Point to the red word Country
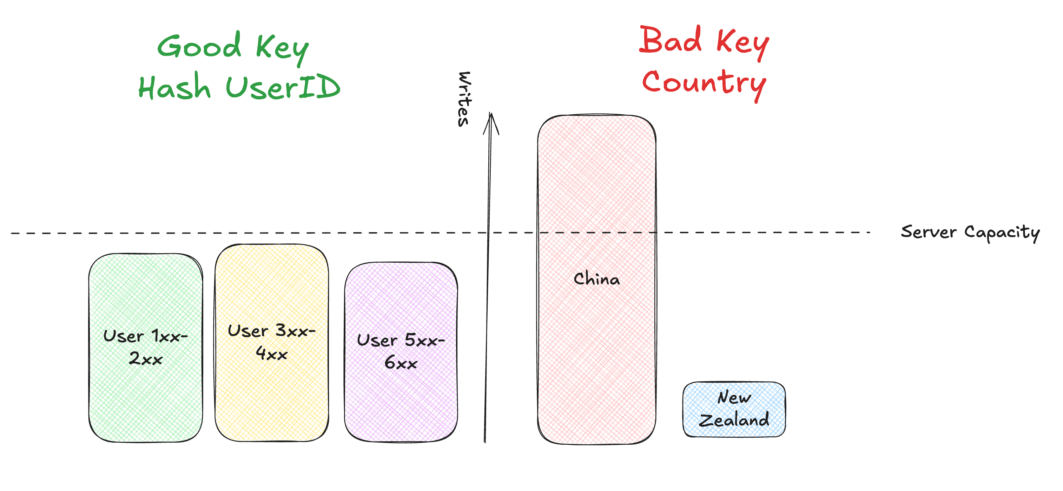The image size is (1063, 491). (x=704, y=83)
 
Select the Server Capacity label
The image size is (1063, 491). (x=970, y=233)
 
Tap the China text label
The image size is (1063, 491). (x=597, y=279)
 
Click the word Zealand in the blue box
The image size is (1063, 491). (x=734, y=420)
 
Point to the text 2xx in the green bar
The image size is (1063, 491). (x=146, y=359)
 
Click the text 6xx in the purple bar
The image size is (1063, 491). (x=401, y=363)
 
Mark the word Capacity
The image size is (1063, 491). (x=1002, y=233)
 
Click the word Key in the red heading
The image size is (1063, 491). (x=742, y=43)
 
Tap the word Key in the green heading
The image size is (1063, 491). (x=282, y=49)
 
